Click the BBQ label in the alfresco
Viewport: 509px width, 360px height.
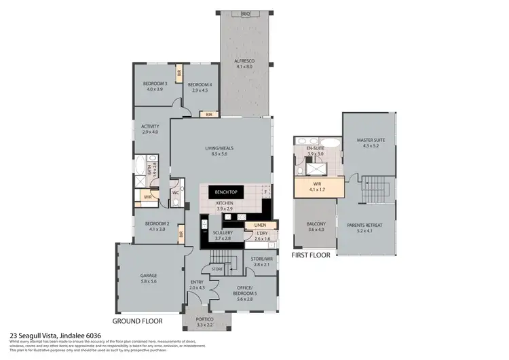click(245, 14)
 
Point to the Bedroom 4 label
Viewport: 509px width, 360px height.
click(202, 84)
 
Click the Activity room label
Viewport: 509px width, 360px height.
click(150, 127)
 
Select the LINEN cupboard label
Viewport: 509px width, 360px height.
click(261, 226)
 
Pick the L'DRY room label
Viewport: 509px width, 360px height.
click(263, 236)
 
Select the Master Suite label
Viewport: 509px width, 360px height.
click(371, 142)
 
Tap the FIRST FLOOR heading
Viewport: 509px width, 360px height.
click(310, 255)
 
